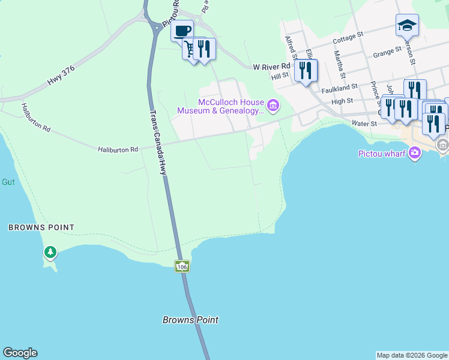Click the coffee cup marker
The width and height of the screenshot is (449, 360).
click(182, 31)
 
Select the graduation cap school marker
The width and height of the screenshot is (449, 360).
click(406, 25)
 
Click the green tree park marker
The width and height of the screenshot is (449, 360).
click(50, 252)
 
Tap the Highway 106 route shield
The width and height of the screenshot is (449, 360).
click(182, 265)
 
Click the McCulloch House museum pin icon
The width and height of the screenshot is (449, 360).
click(273, 106)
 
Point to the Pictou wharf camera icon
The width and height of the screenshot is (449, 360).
click(414, 154)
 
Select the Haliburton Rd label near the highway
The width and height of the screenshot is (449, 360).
click(118, 149)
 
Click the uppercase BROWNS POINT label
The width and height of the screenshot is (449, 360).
click(41, 227)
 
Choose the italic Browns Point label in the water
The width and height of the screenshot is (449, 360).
click(190, 320)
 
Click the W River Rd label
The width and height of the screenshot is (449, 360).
click(271, 66)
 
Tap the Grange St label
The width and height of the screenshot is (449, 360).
click(387, 53)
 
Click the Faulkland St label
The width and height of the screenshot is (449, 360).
click(339, 88)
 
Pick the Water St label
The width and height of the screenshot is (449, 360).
click(363, 124)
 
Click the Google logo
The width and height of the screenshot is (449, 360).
click(20, 353)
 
